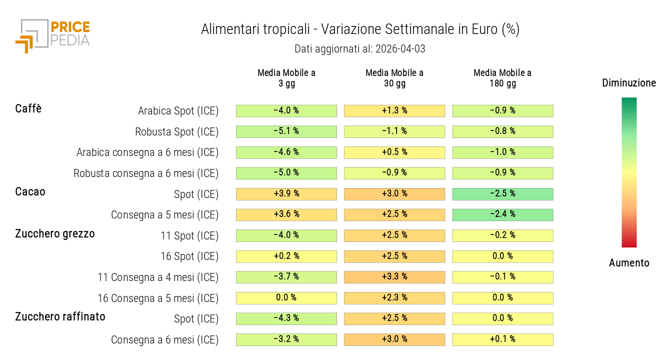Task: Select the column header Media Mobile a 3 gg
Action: pyautogui.click(x=286, y=78)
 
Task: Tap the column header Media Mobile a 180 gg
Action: pyautogui.click(x=502, y=78)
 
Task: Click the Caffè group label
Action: pyautogui.click(x=28, y=108)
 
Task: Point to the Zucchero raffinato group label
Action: pyautogui.click(x=60, y=316)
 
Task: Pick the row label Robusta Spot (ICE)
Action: pyautogui.click(x=176, y=132)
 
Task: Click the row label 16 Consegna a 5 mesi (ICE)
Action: pyautogui.click(x=158, y=298)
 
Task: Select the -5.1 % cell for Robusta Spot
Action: pyautogui.click(x=286, y=131)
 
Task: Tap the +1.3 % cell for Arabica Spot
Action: pyautogui.click(x=394, y=110)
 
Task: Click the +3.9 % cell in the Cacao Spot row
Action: pyautogui.click(x=286, y=194)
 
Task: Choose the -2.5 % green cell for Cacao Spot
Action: pyautogui.click(x=502, y=194)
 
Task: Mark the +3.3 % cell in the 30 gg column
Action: pyautogui.click(x=394, y=277)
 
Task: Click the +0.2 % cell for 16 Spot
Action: pyautogui.click(x=286, y=256)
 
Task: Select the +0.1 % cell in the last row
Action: pyautogui.click(x=502, y=339)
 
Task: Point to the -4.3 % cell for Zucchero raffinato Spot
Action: pyautogui.click(x=286, y=318)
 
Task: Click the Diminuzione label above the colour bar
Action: pyautogui.click(x=629, y=83)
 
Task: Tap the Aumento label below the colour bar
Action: pyautogui.click(x=629, y=263)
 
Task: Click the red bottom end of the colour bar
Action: pyautogui.click(x=629, y=243)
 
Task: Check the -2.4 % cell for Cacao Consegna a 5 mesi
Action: pyautogui.click(x=502, y=214)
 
